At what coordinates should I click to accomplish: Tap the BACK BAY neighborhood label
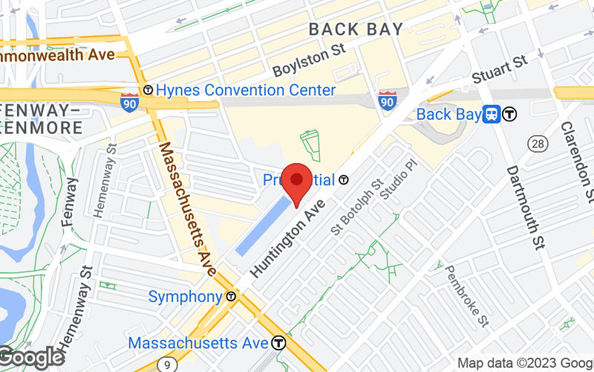pyautogui.click(x=356, y=30)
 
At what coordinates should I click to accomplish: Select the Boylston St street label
pyautogui.click(x=310, y=60)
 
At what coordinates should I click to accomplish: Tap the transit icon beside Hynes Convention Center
pyautogui.click(x=148, y=90)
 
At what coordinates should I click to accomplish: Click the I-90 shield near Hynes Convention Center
pyautogui.click(x=129, y=100)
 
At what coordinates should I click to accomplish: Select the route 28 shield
pyautogui.click(x=538, y=142)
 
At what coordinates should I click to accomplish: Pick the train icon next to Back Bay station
pyautogui.click(x=491, y=114)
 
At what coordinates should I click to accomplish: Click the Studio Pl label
pyautogui.click(x=394, y=180)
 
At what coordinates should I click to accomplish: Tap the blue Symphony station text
pyautogui.click(x=185, y=296)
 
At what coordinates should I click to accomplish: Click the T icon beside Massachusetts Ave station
pyautogui.click(x=278, y=343)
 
